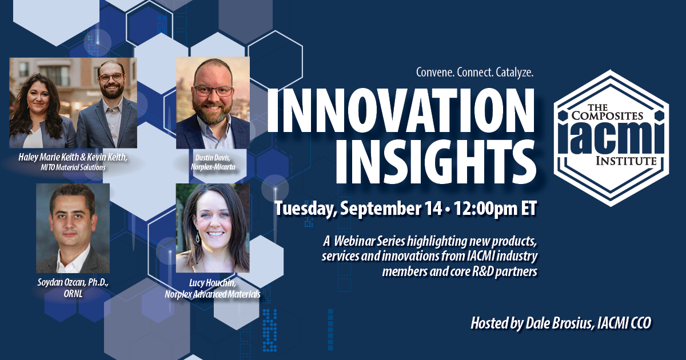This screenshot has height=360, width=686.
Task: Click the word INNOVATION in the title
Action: tap(401, 111)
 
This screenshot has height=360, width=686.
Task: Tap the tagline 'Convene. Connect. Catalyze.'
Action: tap(474, 73)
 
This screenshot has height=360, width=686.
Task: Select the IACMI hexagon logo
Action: tap(611, 138)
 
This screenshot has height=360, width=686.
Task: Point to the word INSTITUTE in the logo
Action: tap(626, 161)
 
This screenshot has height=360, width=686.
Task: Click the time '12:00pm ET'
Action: tap(495, 209)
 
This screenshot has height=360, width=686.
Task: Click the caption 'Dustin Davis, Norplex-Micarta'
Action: tap(213, 162)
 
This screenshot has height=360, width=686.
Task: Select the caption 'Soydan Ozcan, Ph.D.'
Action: tap(73, 282)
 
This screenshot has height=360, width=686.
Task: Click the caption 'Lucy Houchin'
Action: tap(213, 283)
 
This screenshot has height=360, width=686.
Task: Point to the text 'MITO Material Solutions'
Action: tap(73, 167)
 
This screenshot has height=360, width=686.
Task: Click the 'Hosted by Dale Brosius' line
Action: tap(561, 323)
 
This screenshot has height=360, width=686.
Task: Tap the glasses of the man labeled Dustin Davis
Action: tap(213, 91)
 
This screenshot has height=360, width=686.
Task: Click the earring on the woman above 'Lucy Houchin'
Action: tap(198, 238)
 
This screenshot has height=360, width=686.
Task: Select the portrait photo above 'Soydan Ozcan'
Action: tap(73, 228)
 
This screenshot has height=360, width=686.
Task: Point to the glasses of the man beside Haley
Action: tap(110, 77)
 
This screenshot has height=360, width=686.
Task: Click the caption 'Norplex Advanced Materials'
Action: tap(213, 294)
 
